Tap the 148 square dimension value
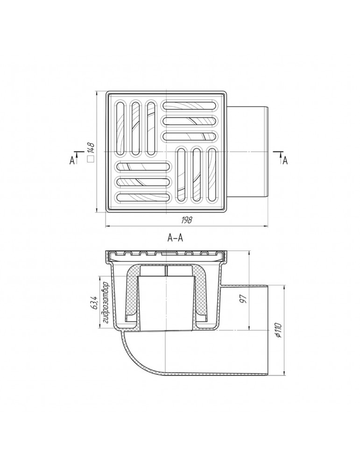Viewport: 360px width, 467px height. coord(92,148)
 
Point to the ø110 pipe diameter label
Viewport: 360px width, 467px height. coord(278,329)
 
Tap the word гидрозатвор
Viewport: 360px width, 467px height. coord(106,302)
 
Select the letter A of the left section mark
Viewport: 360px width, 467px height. coord(72,161)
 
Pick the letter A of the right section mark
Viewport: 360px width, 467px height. coord(285,161)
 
